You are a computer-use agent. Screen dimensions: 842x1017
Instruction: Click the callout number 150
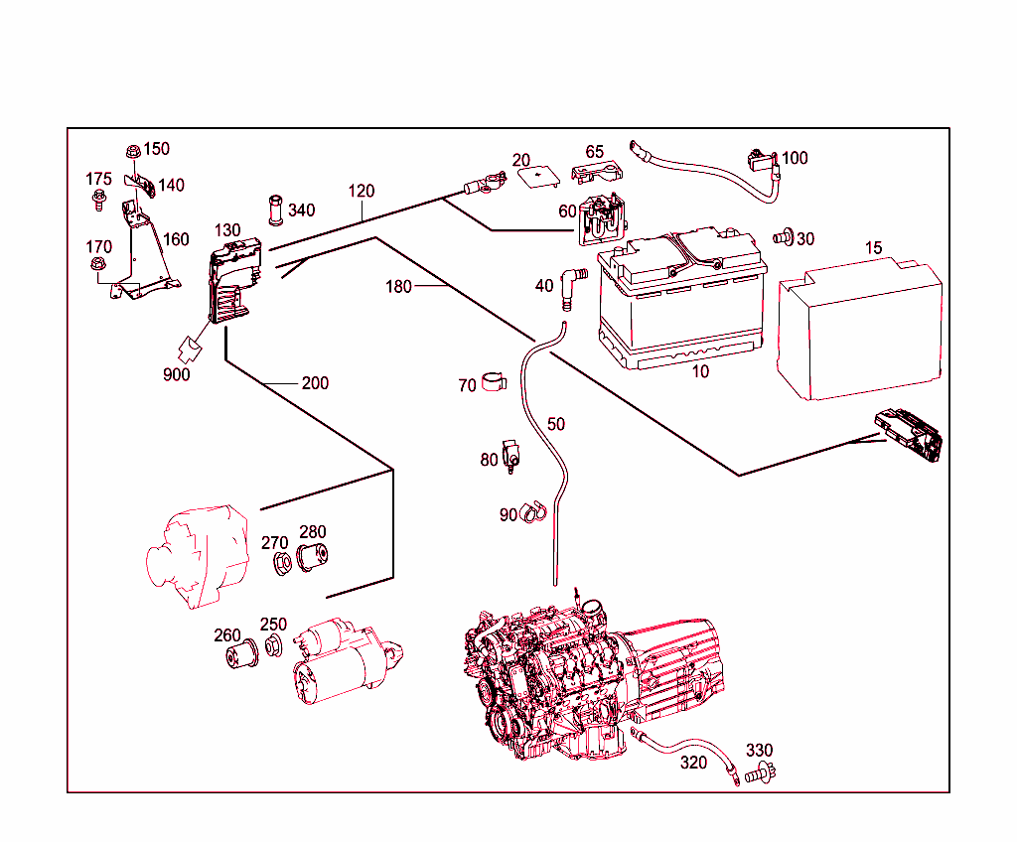click(156, 149)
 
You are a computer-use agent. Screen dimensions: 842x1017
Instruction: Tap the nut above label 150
click(132, 151)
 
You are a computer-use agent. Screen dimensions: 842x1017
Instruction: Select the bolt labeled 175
click(99, 203)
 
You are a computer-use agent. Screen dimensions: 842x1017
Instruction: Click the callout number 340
click(302, 210)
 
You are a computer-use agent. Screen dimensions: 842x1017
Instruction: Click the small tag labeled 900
click(187, 349)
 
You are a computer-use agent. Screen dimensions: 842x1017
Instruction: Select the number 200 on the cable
click(315, 383)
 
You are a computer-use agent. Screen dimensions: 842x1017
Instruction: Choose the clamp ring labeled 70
click(494, 381)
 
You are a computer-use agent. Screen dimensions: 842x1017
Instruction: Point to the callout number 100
click(795, 158)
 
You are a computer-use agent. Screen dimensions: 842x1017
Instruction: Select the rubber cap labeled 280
click(314, 559)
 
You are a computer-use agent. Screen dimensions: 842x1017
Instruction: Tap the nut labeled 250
click(272, 648)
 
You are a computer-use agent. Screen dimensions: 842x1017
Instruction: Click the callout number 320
click(694, 763)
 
